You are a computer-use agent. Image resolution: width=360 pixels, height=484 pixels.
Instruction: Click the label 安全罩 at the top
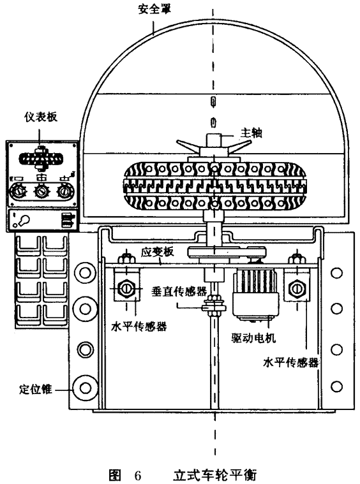click(154, 9)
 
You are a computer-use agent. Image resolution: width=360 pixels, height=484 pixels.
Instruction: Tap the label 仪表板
click(41, 117)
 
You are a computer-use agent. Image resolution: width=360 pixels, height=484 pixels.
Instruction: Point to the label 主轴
click(251, 133)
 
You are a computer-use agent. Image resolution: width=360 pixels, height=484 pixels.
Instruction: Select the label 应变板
click(157, 252)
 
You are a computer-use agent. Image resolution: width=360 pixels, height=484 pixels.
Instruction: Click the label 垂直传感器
click(179, 291)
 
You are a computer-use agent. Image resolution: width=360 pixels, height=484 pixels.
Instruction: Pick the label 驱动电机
click(253, 338)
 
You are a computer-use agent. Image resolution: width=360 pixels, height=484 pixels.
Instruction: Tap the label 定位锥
click(35, 389)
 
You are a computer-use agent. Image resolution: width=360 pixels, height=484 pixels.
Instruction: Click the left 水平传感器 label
click(139, 326)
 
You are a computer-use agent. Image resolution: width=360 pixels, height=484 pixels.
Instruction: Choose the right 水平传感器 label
click(291, 362)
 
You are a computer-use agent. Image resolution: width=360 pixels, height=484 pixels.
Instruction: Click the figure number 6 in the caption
click(138, 475)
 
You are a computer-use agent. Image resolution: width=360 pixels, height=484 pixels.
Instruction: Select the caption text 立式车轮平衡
click(214, 475)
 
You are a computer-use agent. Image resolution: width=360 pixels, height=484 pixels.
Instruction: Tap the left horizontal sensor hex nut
click(126, 289)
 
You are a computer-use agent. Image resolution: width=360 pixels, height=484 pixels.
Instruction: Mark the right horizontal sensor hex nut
click(296, 289)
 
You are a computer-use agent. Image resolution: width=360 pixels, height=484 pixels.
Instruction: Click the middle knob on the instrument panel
click(41, 192)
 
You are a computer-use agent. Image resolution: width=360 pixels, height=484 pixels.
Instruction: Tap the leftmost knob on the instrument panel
click(19, 192)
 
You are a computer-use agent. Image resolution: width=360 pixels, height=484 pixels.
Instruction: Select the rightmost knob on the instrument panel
click(64, 192)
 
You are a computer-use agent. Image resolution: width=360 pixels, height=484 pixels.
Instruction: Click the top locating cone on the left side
click(86, 273)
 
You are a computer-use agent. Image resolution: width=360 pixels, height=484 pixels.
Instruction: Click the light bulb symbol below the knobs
click(22, 221)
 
